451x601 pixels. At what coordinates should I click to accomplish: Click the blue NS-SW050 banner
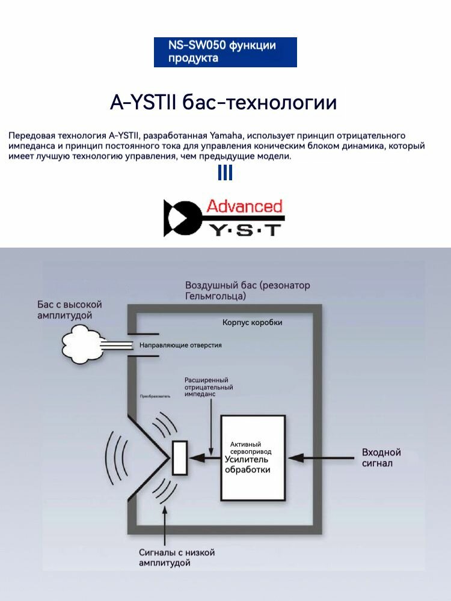[225, 52]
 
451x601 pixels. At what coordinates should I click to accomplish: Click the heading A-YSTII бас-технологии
[223, 102]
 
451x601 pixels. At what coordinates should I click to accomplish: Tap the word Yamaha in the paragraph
[226, 135]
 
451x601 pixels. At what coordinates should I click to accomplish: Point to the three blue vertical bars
[225, 173]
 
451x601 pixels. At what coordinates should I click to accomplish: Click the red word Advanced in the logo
[244, 206]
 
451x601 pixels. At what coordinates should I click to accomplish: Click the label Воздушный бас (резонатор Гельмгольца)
[247, 290]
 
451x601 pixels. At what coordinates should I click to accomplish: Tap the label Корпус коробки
[252, 323]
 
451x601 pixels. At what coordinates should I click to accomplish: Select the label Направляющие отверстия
[180, 345]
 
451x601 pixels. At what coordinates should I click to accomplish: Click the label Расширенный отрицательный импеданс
[209, 388]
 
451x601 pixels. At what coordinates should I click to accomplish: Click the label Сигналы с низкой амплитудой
[176, 557]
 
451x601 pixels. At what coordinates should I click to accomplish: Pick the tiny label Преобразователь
[155, 397]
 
